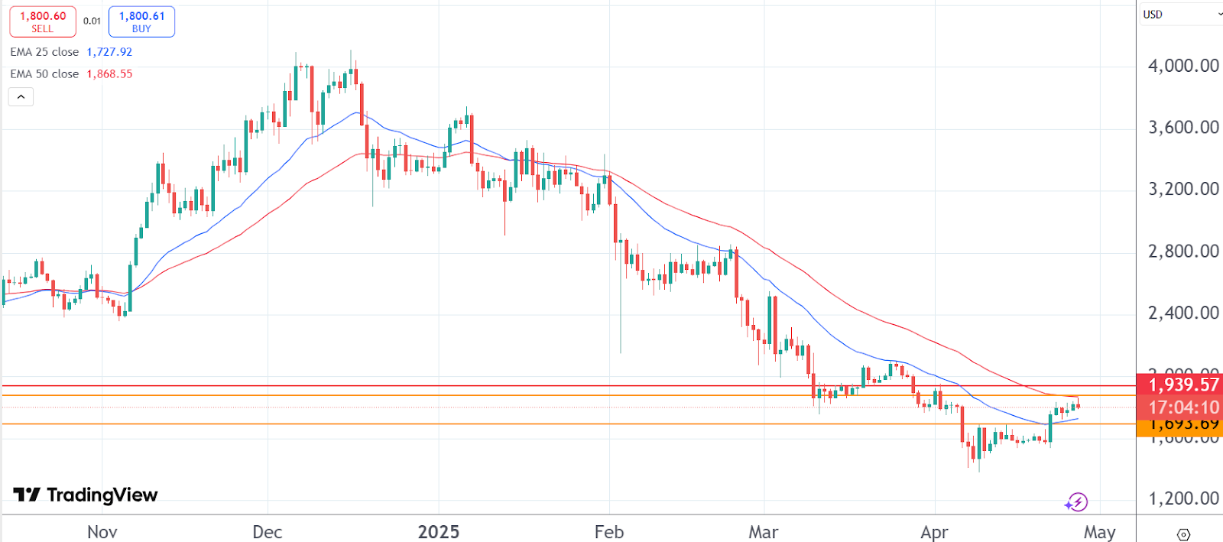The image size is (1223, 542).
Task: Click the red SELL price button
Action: (43, 21)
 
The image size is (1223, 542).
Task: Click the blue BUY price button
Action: (141, 21)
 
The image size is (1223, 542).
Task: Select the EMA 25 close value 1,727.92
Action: (109, 52)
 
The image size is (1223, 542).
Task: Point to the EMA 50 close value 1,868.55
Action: (109, 74)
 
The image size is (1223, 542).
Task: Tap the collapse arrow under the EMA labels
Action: (21, 97)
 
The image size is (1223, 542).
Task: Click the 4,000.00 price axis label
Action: (1183, 66)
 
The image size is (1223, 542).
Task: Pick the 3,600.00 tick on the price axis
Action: (1183, 127)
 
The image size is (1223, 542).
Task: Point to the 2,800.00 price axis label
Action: (1183, 251)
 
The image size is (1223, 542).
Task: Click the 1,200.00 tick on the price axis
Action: (1183, 498)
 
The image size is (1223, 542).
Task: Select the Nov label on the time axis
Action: (102, 532)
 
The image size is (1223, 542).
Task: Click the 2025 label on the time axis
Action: (439, 532)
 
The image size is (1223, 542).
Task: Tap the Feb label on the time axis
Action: (609, 532)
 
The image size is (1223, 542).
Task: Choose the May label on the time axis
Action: (1099, 532)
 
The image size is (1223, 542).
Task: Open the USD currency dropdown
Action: (1181, 15)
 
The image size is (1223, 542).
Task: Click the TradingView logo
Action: (86, 495)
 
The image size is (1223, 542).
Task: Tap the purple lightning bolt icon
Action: (1077, 502)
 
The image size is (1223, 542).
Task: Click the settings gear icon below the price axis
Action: (1183, 534)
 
